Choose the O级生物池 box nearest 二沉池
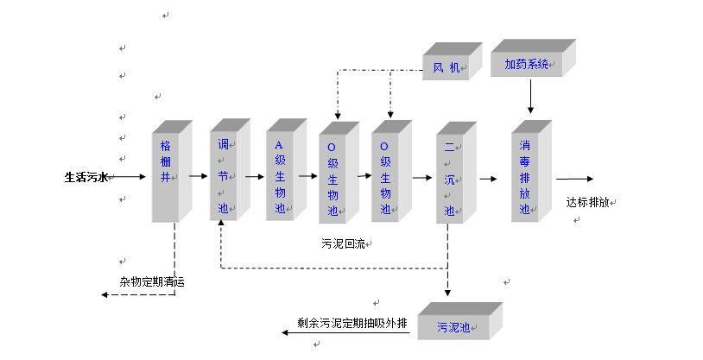[x=386, y=176]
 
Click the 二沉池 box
[x=449, y=178]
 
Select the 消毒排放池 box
[x=525, y=176]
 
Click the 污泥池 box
[x=453, y=327]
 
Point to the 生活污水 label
[x=85, y=177]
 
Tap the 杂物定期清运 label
[x=152, y=281]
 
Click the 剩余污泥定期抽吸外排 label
[x=351, y=325]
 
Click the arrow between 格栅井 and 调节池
[x=197, y=176]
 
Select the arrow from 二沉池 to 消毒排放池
[x=488, y=179]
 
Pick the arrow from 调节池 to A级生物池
[x=253, y=176]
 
